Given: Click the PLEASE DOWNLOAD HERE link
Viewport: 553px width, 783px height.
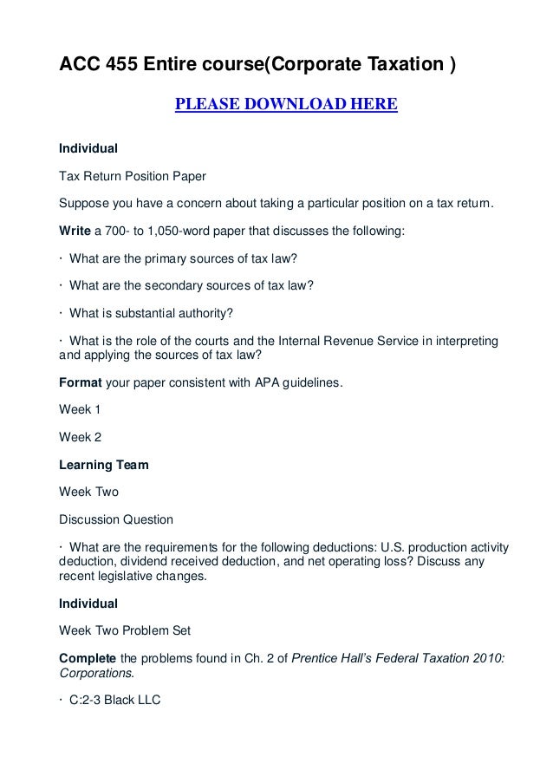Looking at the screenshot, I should click(286, 106).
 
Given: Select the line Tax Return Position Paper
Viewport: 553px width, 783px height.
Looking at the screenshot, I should click(132, 176).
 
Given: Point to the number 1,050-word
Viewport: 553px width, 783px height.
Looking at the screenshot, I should click(170, 232).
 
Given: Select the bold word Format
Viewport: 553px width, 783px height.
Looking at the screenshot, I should click(79, 380).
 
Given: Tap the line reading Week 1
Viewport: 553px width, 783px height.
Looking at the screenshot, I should click(80, 408).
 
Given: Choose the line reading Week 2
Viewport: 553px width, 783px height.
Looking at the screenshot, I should click(80, 436).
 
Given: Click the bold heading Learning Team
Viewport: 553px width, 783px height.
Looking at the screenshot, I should click(103, 465).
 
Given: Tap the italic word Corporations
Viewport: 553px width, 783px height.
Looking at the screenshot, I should click(96, 671).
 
